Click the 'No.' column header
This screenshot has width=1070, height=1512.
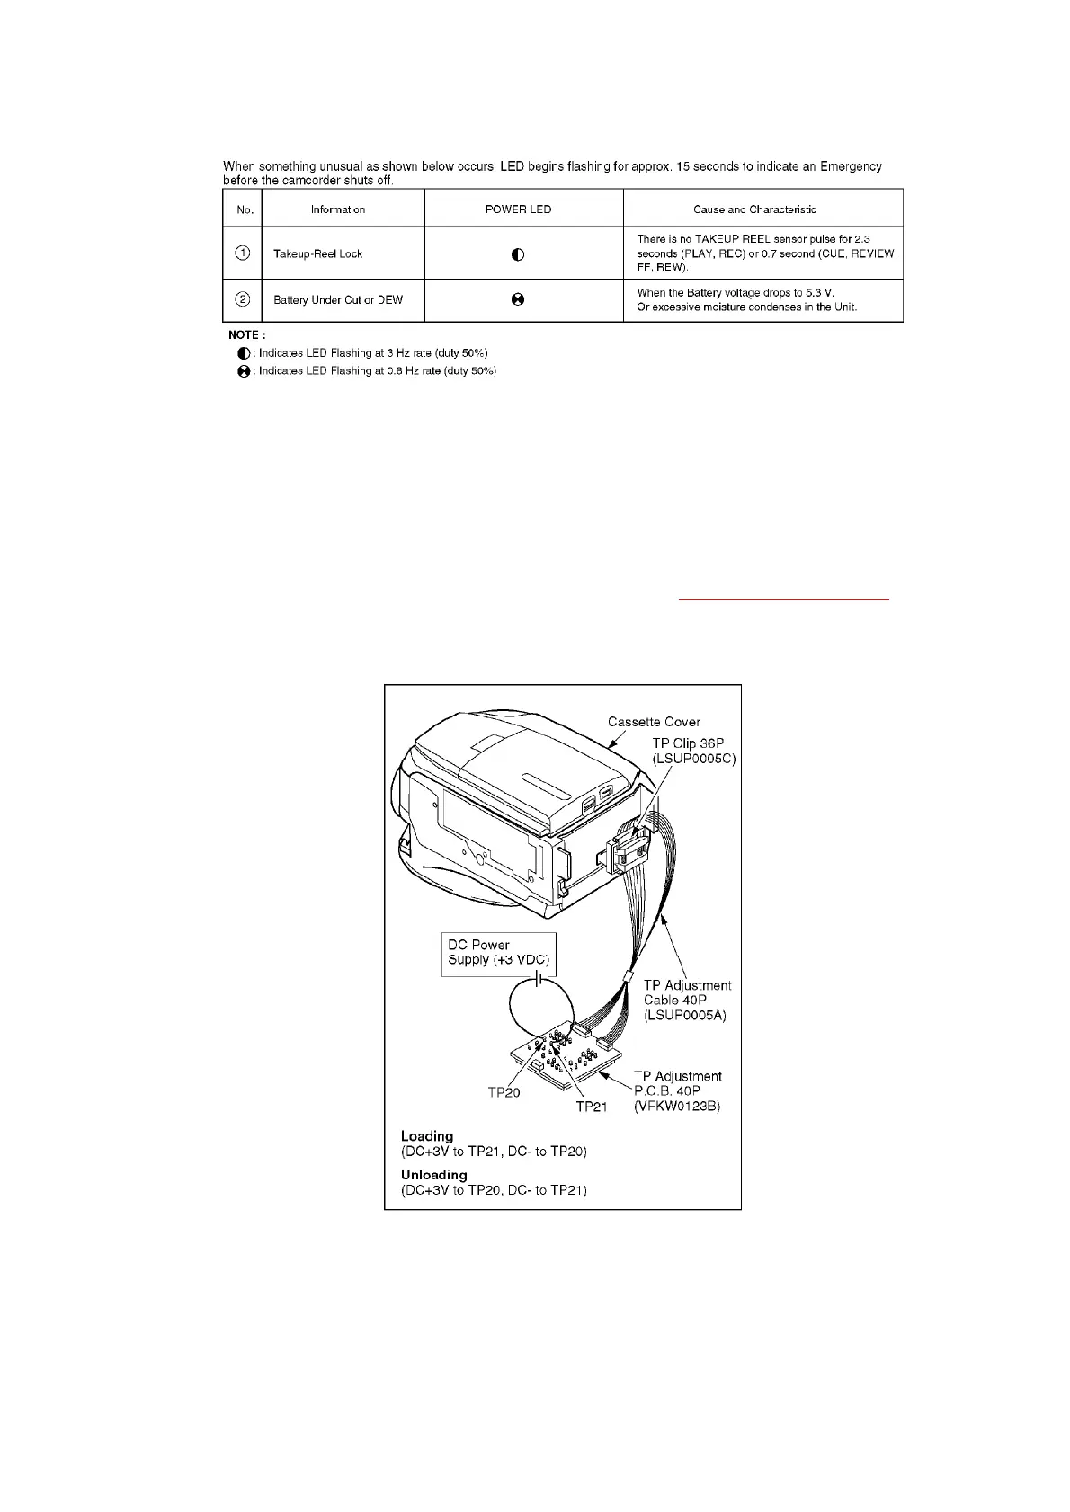click(245, 209)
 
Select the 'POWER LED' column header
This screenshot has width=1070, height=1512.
click(518, 209)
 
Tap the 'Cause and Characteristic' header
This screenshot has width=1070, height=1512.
click(754, 209)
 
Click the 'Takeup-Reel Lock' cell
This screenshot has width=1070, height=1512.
click(317, 254)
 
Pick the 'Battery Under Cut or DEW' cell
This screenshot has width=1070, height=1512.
click(338, 300)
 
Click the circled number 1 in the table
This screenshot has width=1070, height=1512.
click(243, 253)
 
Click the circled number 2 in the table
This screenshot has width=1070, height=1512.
click(243, 299)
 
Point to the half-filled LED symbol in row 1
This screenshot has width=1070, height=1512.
click(518, 254)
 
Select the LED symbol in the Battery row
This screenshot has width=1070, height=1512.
click(518, 300)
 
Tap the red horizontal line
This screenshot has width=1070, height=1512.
click(784, 597)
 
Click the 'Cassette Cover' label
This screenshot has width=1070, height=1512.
click(654, 722)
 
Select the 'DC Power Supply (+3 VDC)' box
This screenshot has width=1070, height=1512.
click(499, 953)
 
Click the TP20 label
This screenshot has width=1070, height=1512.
click(504, 1092)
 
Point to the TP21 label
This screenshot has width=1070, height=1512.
click(592, 1107)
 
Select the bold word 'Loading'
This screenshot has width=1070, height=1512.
click(427, 1136)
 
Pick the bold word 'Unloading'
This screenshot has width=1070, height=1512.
click(434, 1175)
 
